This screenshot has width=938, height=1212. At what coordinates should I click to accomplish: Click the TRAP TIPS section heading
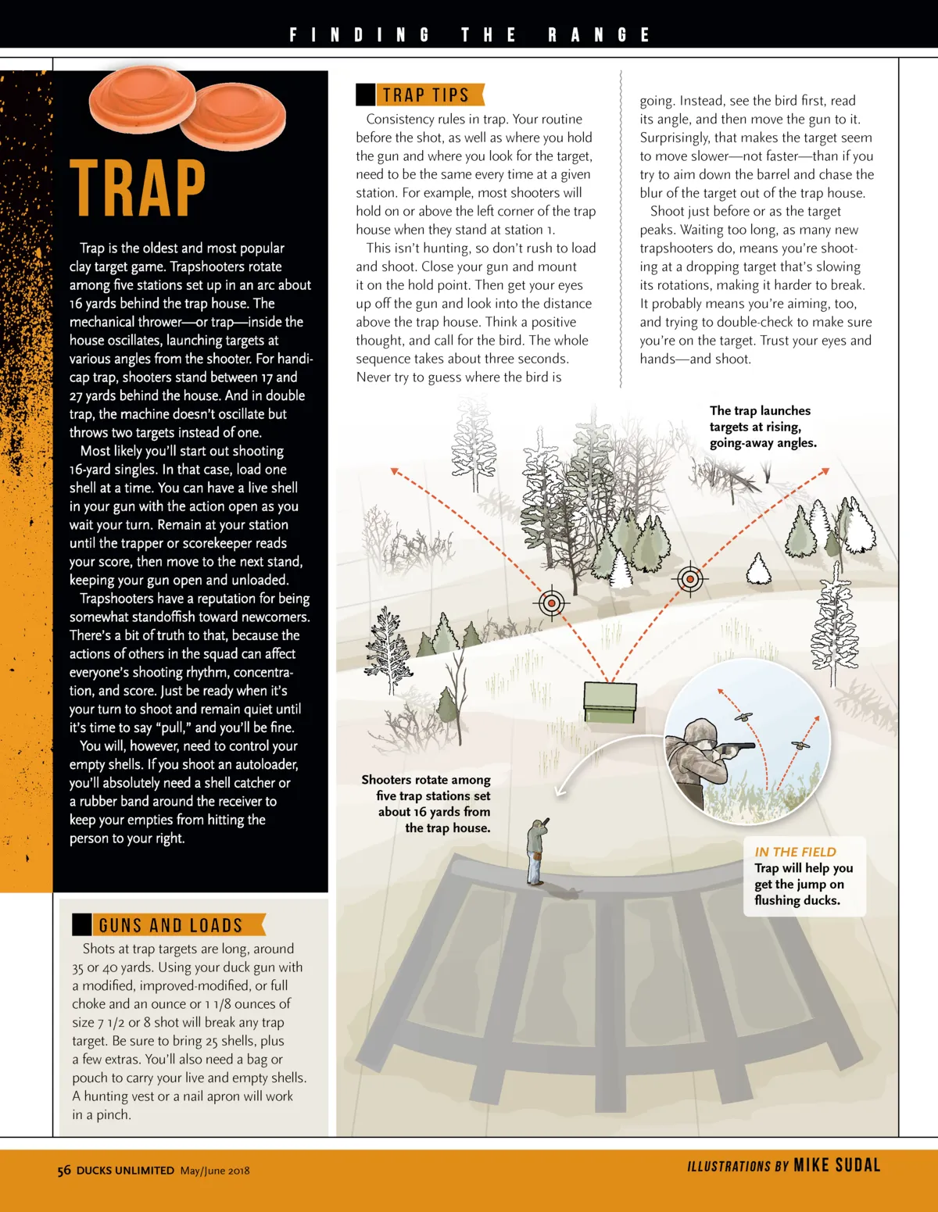pos(425,95)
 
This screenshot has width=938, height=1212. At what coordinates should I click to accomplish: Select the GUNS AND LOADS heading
pos(170,925)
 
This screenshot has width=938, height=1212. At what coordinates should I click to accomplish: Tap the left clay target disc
pos(141,100)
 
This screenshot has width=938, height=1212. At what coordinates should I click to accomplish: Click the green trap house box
pos(610,701)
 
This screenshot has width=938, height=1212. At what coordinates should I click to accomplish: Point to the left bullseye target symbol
pos(553,603)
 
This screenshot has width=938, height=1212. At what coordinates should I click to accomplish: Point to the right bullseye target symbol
pos(689,579)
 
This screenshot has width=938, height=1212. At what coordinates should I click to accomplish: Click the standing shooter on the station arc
pos(536,852)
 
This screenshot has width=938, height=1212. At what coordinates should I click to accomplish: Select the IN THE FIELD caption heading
pos(795,852)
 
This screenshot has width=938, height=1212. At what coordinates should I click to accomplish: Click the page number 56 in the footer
pos(64,1171)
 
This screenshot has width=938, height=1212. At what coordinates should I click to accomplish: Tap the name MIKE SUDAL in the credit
pos(836,1165)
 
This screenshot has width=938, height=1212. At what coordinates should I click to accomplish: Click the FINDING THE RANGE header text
pos(469,35)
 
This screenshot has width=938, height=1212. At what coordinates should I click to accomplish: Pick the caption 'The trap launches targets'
pos(762,427)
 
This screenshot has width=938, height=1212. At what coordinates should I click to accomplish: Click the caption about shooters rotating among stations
pos(427,803)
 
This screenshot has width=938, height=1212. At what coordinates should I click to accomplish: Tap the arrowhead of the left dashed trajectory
pos(396,471)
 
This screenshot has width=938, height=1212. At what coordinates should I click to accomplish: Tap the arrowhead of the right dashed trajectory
pos(825,471)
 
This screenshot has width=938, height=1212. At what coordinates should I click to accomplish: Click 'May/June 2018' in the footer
pos(215,1171)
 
